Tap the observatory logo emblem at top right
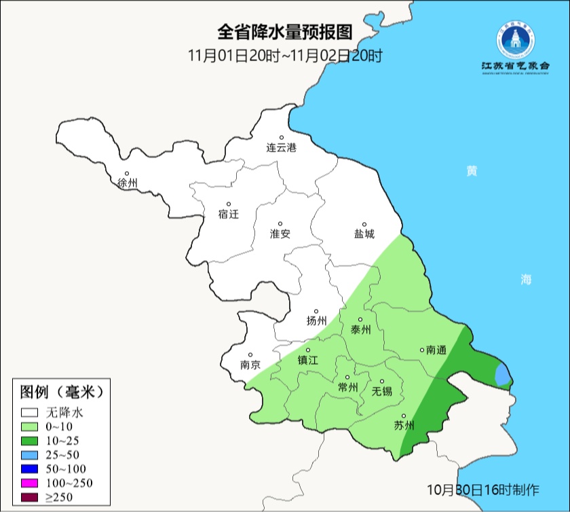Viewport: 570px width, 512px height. pos(515,41)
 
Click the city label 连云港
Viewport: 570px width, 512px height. pos(281,147)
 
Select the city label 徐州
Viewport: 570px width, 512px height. pos(127,183)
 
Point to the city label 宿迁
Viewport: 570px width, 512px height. pos(229,214)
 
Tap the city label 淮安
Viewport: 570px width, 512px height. pos(280,234)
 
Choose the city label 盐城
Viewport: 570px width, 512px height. pos(364,234)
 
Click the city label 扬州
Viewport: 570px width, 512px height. pos(316,321)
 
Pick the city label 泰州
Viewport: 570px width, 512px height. pos(360,330)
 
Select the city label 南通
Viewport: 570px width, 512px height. pos(436,350)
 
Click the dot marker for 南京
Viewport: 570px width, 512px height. pos(250,354)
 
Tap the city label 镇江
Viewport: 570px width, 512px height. pos(308,361)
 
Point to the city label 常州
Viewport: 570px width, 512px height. pos(347,387)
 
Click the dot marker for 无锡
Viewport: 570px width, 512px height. pos(381,382)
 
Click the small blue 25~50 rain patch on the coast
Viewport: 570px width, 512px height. pos(502,374)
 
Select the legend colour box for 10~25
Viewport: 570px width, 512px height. pos(30,440)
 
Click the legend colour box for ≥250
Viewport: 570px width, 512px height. pos(30,497)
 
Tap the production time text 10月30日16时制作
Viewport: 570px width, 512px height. pos(483,489)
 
